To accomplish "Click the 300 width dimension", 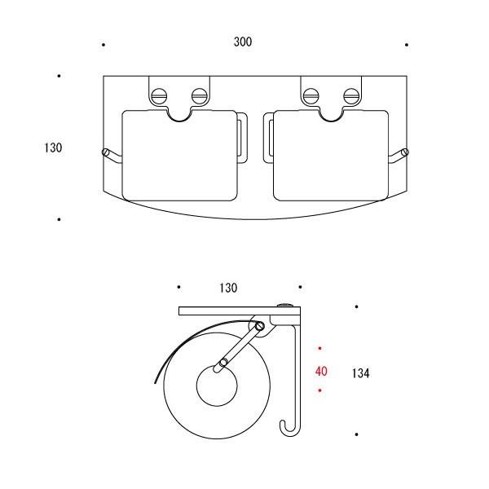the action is [x=243, y=42].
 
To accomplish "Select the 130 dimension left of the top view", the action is [x=53, y=148].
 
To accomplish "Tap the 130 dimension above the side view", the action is [x=228, y=288].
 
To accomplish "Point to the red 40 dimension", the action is [x=321, y=371].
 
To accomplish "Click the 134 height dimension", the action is [x=361, y=373].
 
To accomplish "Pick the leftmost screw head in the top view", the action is [x=159, y=95].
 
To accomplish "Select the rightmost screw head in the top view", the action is [x=351, y=95].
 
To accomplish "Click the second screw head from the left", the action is [x=200, y=95].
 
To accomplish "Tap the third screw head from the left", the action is [x=311, y=95].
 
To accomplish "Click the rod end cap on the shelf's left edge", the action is [x=105, y=152].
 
